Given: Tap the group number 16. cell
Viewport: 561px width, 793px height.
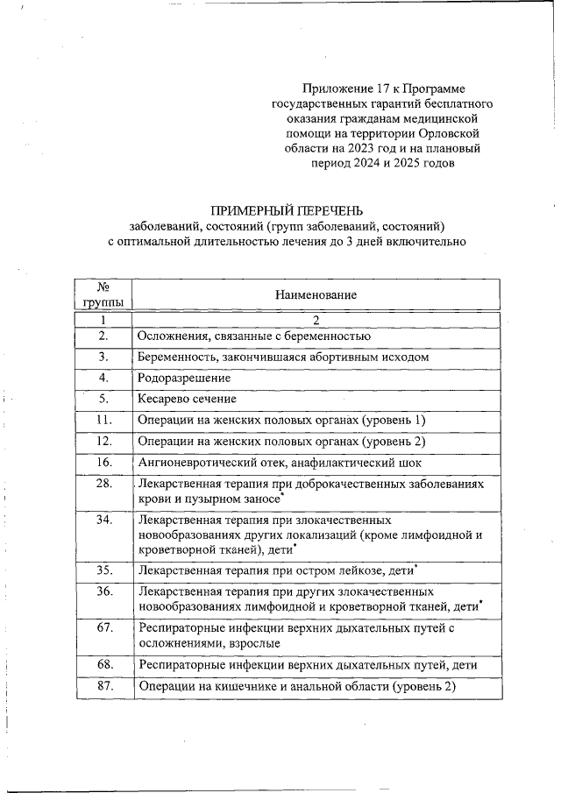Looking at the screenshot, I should [x=103, y=462].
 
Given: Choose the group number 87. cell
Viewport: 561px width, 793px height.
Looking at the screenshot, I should [x=103, y=686].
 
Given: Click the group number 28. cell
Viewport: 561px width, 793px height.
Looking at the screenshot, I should [x=103, y=484].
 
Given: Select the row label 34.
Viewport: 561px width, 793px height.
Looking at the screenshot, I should [x=103, y=520].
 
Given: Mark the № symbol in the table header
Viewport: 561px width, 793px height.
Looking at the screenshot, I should [x=103, y=288].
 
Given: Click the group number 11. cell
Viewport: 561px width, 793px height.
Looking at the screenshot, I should [x=103, y=420].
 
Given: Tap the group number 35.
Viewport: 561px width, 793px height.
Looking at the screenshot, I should [x=103, y=570].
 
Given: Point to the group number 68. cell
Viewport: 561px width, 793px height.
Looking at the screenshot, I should [x=103, y=665].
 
